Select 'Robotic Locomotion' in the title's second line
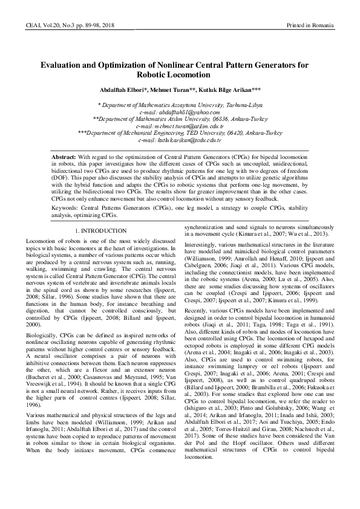[180, 75]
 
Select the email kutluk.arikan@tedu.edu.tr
[185, 140]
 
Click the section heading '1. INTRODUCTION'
[101, 231]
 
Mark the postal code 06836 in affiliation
[209, 120]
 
